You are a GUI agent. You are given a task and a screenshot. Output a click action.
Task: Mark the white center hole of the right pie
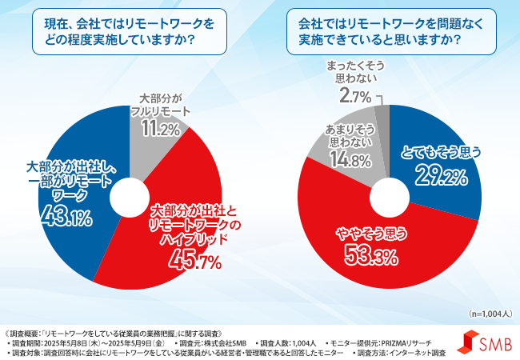(389, 194)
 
